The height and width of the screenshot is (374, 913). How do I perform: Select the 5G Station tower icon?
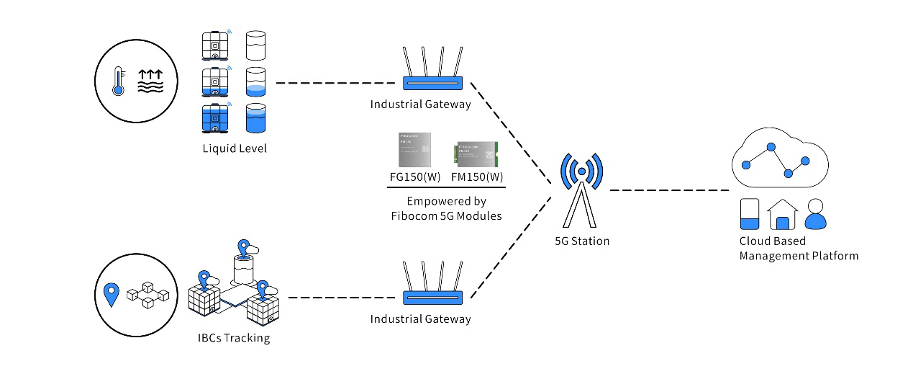[581, 190]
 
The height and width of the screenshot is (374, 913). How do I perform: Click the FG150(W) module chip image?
[414, 151]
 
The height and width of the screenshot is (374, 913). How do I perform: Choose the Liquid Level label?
[234, 149]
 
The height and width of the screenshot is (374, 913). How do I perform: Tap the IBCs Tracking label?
[234, 337]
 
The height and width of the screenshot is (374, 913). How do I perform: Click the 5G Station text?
[582, 241]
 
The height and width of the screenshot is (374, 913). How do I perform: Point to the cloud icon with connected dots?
[775, 161]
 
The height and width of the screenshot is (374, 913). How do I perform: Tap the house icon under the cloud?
[783, 215]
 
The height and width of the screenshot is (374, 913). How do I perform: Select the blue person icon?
[816, 214]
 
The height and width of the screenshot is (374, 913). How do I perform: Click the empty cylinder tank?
[256, 45]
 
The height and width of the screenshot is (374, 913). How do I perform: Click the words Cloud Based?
[772, 241]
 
